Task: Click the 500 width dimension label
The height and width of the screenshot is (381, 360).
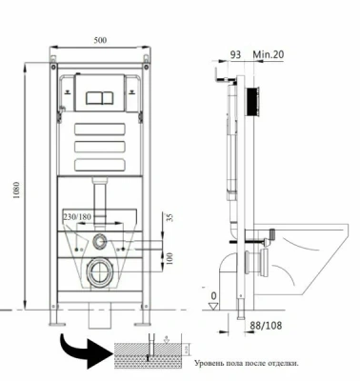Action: point(100,40)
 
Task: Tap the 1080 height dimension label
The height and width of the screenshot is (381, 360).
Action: point(16,190)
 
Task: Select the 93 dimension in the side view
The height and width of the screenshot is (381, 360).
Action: point(235,54)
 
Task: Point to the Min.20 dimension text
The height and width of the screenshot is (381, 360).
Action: point(269,54)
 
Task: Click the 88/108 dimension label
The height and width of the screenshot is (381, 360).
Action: point(266,326)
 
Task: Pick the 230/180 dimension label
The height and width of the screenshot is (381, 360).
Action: point(77,217)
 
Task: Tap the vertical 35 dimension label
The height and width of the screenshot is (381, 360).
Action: point(170,218)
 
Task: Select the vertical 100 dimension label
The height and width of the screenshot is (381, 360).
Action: point(170,259)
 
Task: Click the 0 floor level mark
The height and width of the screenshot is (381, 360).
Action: point(213,296)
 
